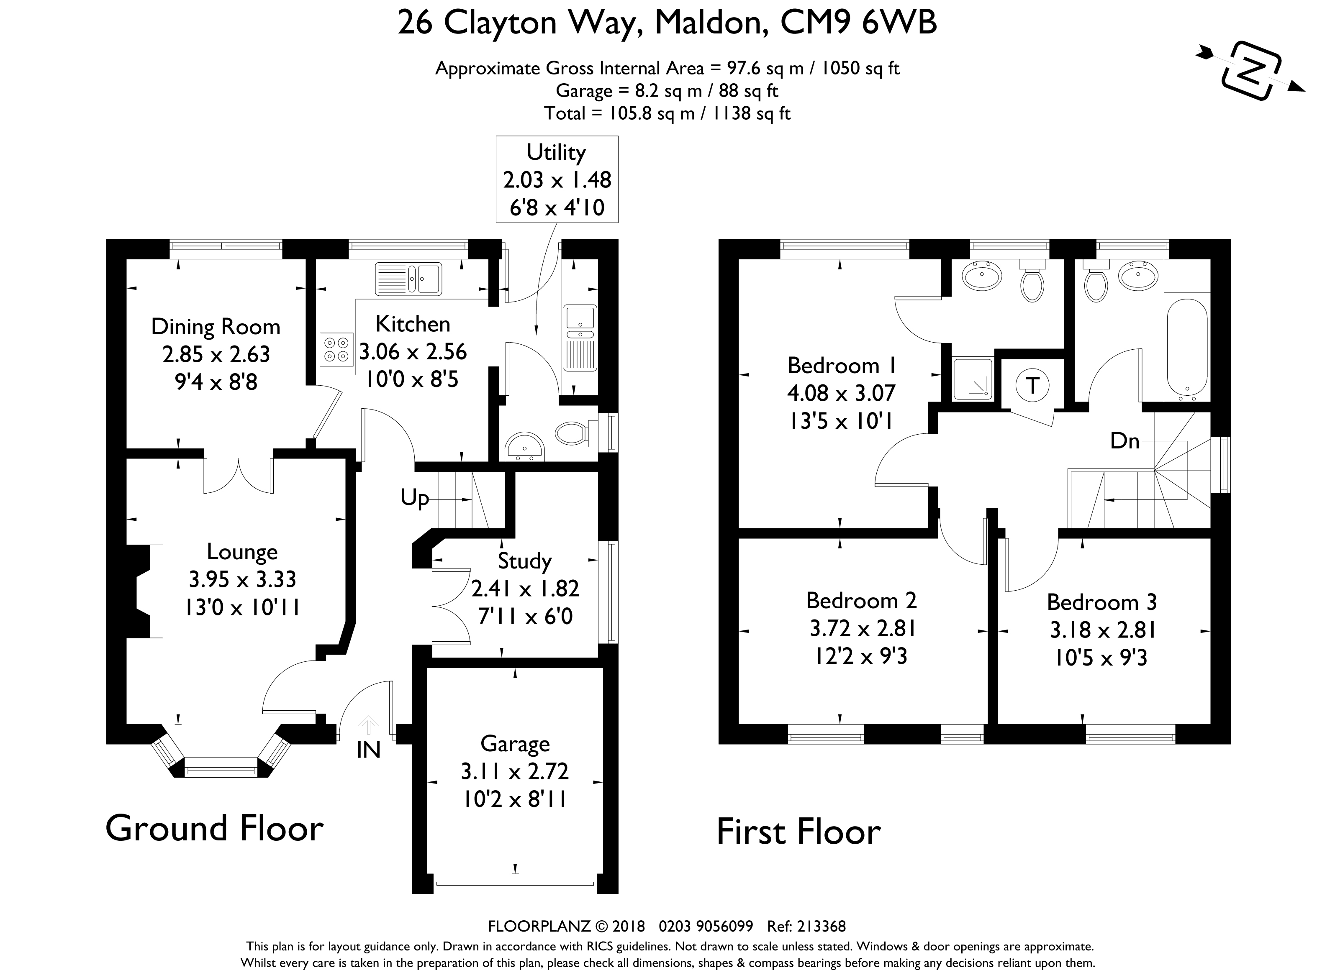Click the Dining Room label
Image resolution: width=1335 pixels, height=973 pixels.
pyautogui.click(x=216, y=327)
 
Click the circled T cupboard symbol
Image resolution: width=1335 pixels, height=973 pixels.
pyautogui.click(x=1032, y=386)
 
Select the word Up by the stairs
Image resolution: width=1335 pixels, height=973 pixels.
pyautogui.click(x=415, y=498)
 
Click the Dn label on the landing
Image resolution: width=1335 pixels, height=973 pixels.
pyautogui.click(x=1124, y=440)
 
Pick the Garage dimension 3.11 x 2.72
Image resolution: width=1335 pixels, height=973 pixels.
pyautogui.click(x=515, y=771)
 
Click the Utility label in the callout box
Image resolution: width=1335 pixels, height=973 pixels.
pyautogui.click(x=556, y=153)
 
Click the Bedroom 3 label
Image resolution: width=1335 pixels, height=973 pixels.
pyautogui.click(x=1102, y=602)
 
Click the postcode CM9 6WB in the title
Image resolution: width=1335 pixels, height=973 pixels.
pyautogui.click(x=858, y=23)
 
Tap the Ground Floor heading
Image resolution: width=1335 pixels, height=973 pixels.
pyautogui.click(x=214, y=828)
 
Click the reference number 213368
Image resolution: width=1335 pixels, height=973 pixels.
pyautogui.click(x=821, y=927)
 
